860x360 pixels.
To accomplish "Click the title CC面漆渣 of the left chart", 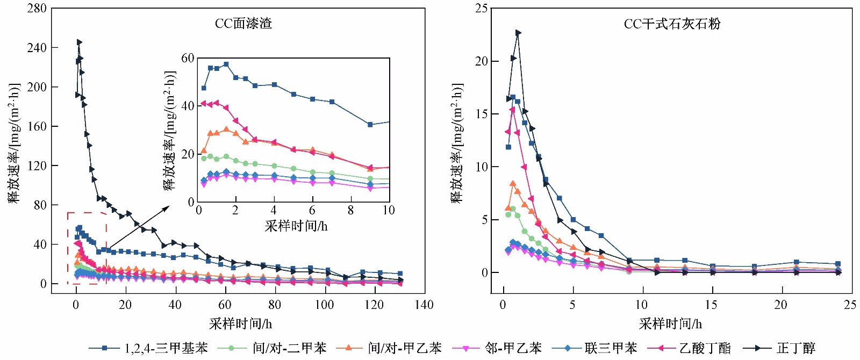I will pos(243,24).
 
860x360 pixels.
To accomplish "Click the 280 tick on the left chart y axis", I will pos(37,9).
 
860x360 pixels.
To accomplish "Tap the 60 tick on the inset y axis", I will pos(188,58).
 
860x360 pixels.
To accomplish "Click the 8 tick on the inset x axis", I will pos(350,211).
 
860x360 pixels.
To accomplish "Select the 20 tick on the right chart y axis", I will pos(482,61).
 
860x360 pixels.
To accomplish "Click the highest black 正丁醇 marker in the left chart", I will pos(79,42).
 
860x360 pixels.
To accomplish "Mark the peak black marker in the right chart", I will pos(518,33).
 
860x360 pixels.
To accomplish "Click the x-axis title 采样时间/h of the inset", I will pos(296,226).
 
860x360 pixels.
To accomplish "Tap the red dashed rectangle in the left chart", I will pos(87,213).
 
